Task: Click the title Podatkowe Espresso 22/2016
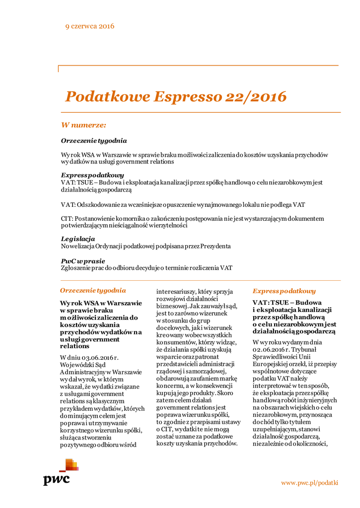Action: [x=176, y=96]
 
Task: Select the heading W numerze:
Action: [x=83, y=125]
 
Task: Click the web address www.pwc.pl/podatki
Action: [x=309, y=482]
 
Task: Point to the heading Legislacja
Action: [x=78, y=239]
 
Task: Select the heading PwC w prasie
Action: [x=83, y=261]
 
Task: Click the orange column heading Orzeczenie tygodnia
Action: [x=93, y=290]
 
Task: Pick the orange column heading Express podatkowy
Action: [x=284, y=291]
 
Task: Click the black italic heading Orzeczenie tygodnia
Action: [x=94, y=141]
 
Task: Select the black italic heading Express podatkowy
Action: [x=92, y=176]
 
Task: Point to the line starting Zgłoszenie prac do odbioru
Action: [x=146, y=268]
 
